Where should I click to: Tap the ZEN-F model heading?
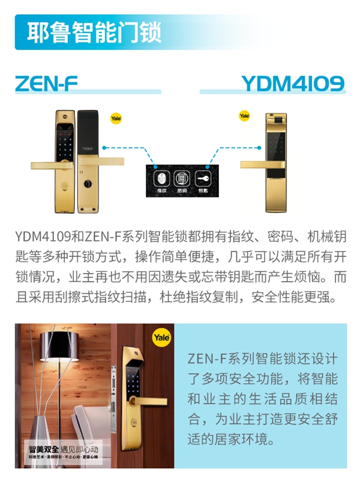(x=46, y=82)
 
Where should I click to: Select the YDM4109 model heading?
(x=293, y=82)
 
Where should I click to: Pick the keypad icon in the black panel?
(x=181, y=178)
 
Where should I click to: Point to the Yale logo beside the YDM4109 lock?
(x=245, y=115)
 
